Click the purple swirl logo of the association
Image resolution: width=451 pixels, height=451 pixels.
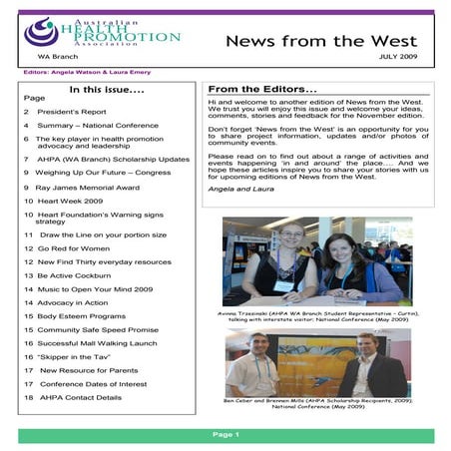click(x=42, y=32)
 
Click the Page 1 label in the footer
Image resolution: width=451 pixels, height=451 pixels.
click(x=225, y=435)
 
